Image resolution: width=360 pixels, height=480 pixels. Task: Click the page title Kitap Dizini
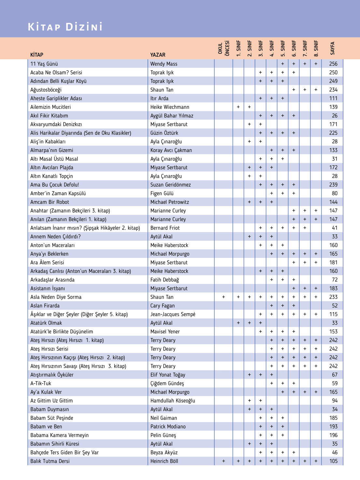[65, 27]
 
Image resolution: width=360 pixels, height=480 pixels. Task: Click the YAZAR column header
[158, 55]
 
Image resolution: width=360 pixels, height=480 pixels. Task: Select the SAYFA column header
[333, 48]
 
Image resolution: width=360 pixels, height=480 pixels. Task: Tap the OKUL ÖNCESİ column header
[223, 48]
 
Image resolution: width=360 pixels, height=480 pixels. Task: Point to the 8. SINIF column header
[316, 48]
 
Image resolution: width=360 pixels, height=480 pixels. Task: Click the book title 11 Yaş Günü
[44, 64]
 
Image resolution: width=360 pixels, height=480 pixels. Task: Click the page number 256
[333, 64]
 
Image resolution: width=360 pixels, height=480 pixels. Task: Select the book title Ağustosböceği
[46, 90]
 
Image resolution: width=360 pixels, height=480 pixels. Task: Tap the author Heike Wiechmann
[170, 107]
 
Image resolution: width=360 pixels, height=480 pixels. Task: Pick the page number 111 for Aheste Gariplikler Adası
[333, 98]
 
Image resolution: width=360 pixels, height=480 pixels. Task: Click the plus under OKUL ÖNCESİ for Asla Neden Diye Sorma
[223, 297]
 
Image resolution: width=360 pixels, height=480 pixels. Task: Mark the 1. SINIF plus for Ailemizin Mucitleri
[238, 107]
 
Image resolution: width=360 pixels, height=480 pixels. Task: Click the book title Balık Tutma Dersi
[50, 461]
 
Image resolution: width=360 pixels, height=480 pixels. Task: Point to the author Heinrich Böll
[164, 461]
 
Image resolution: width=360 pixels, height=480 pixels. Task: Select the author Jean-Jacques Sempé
[173, 314]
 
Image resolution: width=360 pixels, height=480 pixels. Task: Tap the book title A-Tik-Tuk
[41, 384]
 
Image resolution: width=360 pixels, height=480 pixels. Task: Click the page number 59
[335, 384]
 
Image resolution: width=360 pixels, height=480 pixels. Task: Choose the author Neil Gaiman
[164, 418]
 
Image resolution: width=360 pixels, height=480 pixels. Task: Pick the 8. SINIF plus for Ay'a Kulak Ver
[316, 392]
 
